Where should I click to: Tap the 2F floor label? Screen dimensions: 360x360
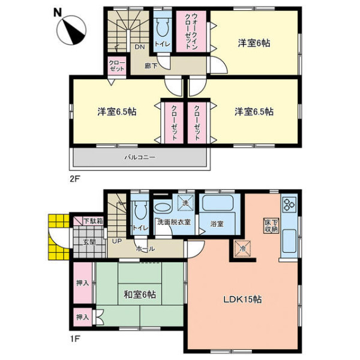pos(74,179)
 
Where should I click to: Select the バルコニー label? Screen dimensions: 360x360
pos(140,157)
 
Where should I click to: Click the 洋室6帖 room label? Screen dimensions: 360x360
pos(254,43)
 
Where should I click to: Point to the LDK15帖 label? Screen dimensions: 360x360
pos(242,299)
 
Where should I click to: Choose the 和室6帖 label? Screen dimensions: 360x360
pos(140,295)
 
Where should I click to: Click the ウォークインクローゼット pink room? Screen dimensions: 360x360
pos(191,31)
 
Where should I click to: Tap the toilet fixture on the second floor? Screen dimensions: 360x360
pos(163,27)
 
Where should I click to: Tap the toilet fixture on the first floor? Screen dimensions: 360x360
pos(140,211)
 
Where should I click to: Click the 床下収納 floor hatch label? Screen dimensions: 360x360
pos(271,226)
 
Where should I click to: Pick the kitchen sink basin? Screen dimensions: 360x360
pos(289,241)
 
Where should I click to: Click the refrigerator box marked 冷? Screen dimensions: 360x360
pos(242,248)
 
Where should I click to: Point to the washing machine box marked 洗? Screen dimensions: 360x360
pos(186,203)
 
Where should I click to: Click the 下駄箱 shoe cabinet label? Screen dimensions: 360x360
pos(93,221)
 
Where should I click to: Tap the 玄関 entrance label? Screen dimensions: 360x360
pos(89,242)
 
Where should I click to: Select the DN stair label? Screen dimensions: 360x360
pos(140,47)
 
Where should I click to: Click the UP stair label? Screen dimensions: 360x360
pos(116,241)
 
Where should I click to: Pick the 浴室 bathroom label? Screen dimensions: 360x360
pos(217,224)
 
